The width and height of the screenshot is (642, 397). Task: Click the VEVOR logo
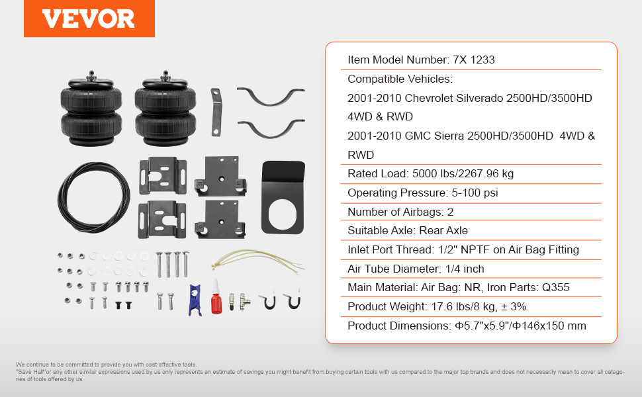pos(89,19)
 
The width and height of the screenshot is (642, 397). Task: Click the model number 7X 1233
pos(474,60)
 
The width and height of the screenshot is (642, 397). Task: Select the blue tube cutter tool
pos(195,300)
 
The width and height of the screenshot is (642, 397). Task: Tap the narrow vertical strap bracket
pos(216,112)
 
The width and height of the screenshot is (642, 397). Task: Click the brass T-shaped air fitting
pos(244,302)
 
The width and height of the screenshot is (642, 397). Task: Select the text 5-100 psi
pos(475,193)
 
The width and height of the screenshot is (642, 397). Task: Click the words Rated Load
pos(377,173)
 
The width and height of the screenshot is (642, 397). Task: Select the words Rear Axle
pos(443,230)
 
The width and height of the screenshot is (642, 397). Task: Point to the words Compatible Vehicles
pos(400,79)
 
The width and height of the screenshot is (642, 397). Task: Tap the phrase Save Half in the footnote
pos(32,372)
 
